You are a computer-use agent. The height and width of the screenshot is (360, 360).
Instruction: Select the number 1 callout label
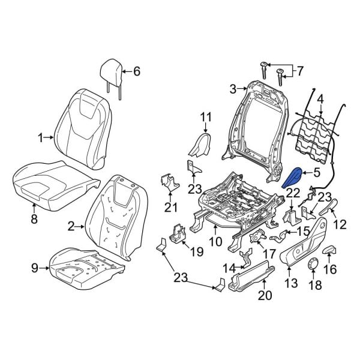[x=41, y=138]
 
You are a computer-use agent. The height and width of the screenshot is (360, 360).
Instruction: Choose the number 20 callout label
[x=265, y=295]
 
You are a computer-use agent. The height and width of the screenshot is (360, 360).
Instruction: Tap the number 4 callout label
[x=320, y=98]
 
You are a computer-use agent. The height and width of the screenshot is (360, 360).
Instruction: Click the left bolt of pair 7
[x=263, y=69]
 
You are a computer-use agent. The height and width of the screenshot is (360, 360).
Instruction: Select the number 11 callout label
[x=206, y=116]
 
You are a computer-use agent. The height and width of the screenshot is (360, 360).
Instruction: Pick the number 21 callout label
[x=172, y=207]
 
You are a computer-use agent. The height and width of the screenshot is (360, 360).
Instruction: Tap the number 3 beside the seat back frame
[x=233, y=89]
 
